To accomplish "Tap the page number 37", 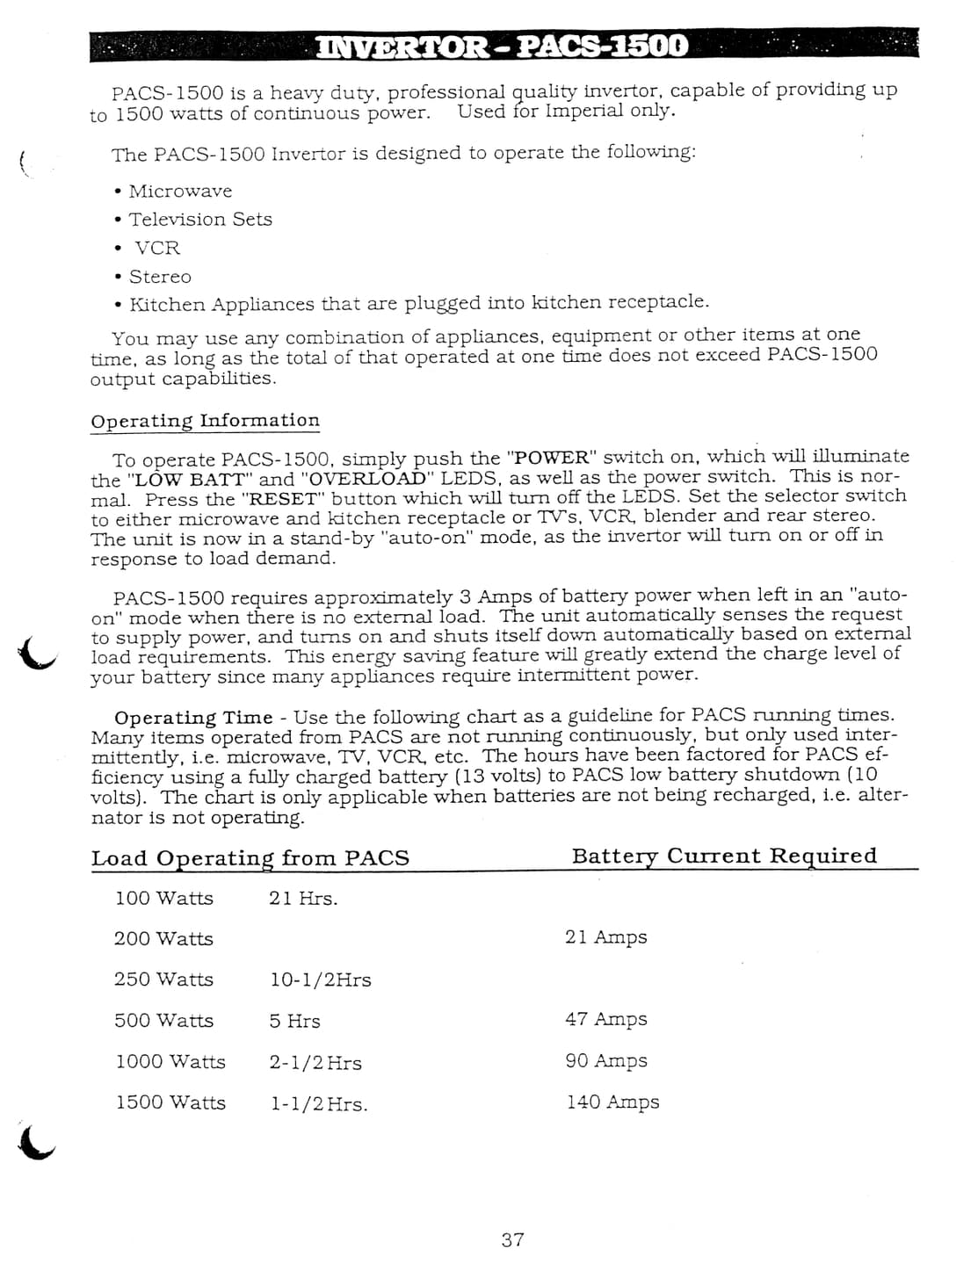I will point(512,1240).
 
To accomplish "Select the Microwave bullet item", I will point(180,192).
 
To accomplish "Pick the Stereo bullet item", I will point(159,277).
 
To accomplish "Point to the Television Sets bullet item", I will point(199,220).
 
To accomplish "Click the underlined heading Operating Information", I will point(205,421).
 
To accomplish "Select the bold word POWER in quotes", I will point(550,458).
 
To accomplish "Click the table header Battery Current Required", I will point(724,857).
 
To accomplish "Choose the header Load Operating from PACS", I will point(250,858).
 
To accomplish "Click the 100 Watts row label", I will point(163,898).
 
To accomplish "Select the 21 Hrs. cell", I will point(303,898).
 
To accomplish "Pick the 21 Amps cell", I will point(605,937).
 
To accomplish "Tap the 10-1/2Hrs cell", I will point(320,979).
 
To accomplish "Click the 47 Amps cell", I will point(605,1019).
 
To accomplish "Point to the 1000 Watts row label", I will point(170,1061).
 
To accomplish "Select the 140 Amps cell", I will point(612,1102).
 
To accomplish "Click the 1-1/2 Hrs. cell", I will point(318,1103).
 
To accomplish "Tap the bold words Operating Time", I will point(193,718).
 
